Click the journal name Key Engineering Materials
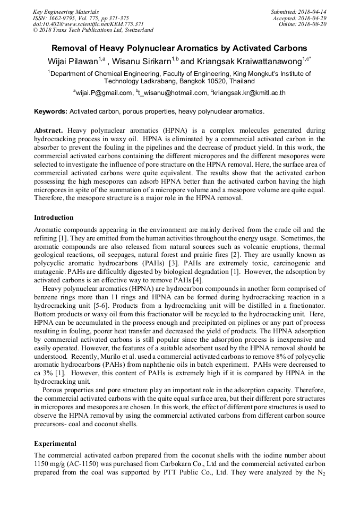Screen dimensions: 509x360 (x=65, y=11)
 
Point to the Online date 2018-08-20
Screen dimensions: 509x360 (x=313, y=24)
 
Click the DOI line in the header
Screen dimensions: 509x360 (x=88, y=24)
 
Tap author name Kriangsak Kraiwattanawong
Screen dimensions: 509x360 (x=246, y=62)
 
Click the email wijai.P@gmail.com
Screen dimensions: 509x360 (x=104, y=92)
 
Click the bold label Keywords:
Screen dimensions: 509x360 (x=51, y=111)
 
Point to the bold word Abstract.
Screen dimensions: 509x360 (x=49, y=131)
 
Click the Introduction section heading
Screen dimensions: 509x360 (x=54, y=218)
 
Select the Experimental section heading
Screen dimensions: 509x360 (x=55, y=443)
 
